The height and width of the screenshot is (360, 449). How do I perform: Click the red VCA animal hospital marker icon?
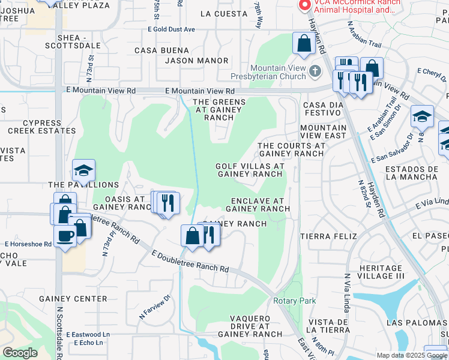point(304,5)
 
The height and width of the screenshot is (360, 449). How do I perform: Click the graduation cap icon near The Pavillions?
point(83,170)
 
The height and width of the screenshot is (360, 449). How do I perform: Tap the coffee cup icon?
point(65,235)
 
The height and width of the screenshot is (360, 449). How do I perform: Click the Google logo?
point(20,352)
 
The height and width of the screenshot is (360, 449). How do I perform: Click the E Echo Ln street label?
point(88,343)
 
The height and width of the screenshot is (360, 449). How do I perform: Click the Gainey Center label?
point(73,299)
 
